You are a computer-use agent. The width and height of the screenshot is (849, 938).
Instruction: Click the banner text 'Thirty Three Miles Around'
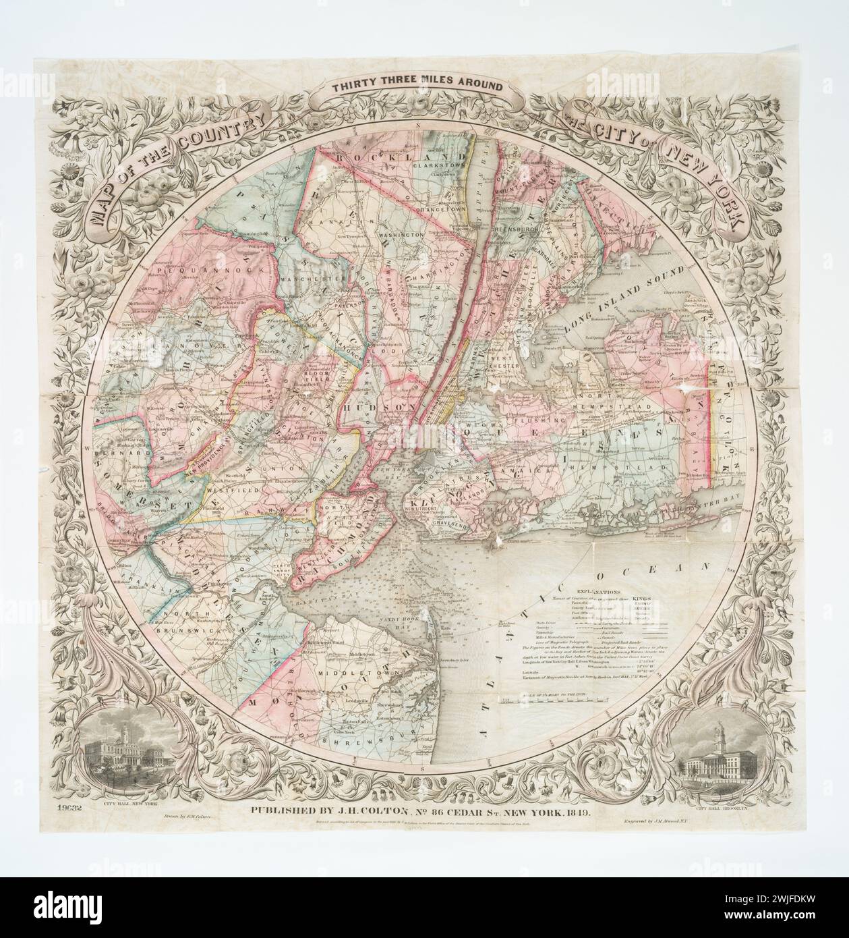416,86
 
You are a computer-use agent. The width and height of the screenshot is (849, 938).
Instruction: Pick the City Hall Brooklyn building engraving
719,765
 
